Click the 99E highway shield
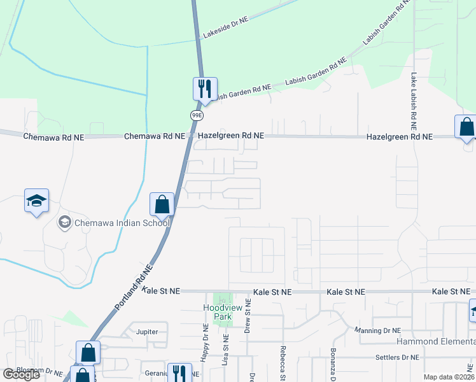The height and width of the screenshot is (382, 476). coord(197,115)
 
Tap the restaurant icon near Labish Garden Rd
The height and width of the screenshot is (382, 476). coord(205,88)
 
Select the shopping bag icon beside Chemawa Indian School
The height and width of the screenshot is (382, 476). coord(162,204)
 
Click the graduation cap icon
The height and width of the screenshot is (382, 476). coord(36,201)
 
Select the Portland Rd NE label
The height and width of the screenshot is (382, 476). coord(134,287)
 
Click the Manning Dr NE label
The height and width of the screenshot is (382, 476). coord(379,330)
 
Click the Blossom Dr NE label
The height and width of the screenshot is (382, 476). coord(31,373)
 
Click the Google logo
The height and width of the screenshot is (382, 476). coord(21,374)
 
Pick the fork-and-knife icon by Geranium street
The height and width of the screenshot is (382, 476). coord(180,372)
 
